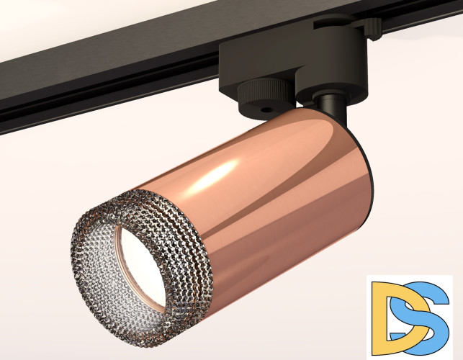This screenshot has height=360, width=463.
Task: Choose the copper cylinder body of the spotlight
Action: pyautogui.click(x=274, y=187)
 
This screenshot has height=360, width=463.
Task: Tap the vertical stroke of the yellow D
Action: pyautogui.click(x=379, y=317)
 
